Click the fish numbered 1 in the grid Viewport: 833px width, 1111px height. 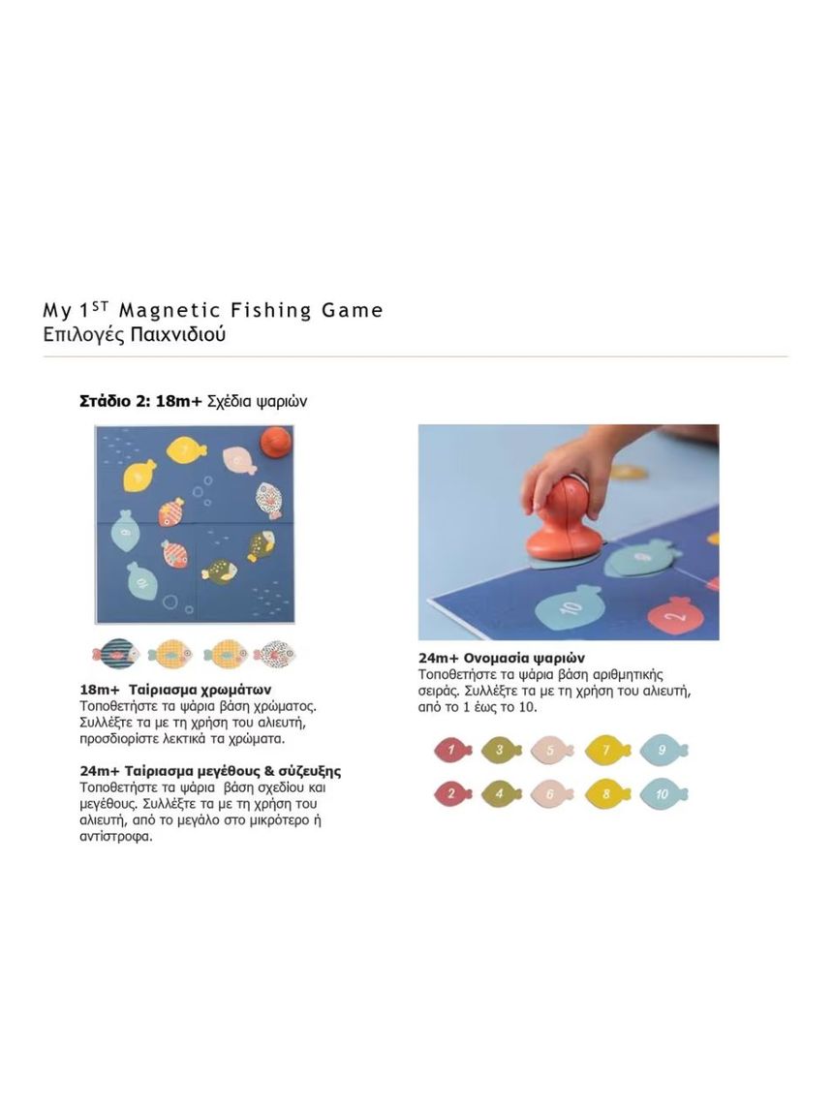coord(450,749)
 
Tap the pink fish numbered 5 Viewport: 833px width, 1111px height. coord(552,749)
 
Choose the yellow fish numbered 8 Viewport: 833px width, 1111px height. coord(607,794)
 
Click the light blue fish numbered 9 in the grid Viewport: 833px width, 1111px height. coord(663,749)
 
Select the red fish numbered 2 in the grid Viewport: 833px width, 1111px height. coord(450,794)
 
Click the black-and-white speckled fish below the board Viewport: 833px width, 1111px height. coord(274,654)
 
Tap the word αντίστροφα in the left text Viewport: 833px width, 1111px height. coord(116,836)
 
